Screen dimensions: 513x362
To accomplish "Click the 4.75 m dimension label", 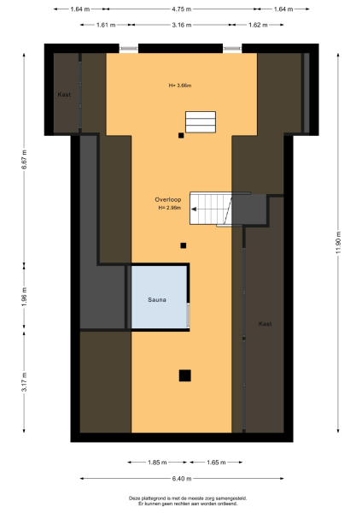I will coord(180,9).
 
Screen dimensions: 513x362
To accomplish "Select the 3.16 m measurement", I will coord(180,26).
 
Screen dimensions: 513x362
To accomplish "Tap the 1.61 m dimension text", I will coord(106,26).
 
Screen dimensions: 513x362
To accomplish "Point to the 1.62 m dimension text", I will coord(259,26).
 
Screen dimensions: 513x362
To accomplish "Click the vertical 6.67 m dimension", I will coord(25,160).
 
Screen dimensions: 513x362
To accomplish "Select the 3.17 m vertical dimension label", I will coord(25,380).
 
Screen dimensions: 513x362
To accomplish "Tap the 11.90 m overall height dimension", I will coord(339,243).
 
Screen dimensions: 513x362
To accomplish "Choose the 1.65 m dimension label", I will coord(216,463).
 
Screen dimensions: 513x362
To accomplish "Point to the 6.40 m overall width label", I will coord(180,479).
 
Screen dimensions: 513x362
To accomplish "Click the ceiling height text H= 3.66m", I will coord(180,85).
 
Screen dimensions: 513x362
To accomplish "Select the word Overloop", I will coord(168,199).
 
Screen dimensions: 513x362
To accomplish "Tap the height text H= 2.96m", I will coord(169,209).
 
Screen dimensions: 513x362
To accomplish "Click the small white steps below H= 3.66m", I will coord(202,122).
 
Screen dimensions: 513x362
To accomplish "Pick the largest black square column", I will coord(184,375).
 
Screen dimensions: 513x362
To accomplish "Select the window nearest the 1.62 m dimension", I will coord(232,49).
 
